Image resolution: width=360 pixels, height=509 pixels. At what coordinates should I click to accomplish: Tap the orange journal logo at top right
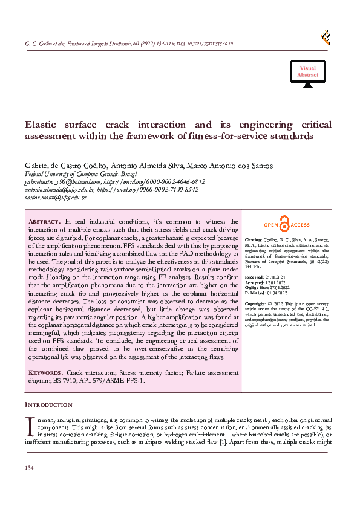click(326, 37)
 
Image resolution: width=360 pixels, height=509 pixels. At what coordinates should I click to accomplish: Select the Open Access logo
click(286, 224)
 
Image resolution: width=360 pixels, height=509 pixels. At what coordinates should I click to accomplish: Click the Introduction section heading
click(48, 404)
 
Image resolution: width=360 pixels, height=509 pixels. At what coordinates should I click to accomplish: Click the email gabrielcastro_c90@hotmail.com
click(62, 181)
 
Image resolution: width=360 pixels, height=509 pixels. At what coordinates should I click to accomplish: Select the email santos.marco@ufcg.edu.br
click(56, 197)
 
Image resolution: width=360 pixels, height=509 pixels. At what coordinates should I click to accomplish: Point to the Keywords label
click(46, 372)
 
